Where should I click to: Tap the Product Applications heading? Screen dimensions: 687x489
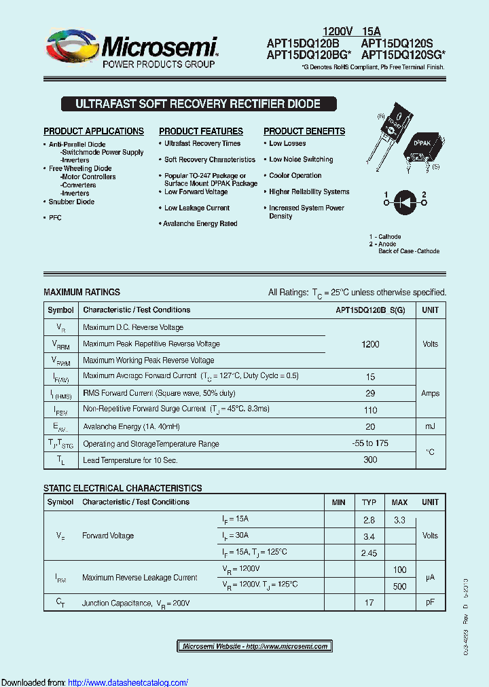click(x=94, y=131)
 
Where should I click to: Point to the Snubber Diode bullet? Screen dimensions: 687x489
click(x=71, y=202)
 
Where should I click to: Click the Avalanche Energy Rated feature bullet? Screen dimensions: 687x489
click(x=200, y=223)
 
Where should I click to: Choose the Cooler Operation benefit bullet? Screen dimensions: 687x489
click(x=295, y=176)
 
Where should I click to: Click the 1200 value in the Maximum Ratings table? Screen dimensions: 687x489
click(x=370, y=344)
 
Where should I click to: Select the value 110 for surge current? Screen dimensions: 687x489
click(x=370, y=410)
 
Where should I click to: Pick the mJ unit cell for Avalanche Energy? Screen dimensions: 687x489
click(x=430, y=426)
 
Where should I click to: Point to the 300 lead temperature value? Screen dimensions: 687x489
click(x=370, y=460)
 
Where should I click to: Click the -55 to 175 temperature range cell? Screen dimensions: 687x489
click(x=370, y=443)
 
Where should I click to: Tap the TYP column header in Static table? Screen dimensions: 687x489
click(x=369, y=502)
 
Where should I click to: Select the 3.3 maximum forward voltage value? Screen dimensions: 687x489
click(x=399, y=520)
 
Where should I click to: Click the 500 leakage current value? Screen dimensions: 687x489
click(x=399, y=586)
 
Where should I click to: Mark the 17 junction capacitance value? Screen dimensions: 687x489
click(x=369, y=602)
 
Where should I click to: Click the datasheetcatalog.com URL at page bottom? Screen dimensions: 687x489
click(x=128, y=682)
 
